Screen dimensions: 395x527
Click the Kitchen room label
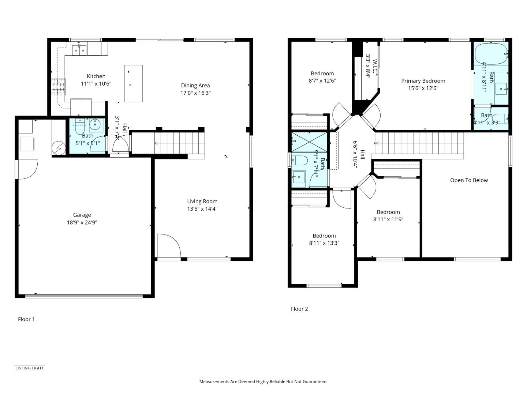pos(96,76)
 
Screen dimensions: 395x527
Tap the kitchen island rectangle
pos(133,83)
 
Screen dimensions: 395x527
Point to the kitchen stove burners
pos(58,87)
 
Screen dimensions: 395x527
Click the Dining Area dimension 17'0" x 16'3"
pos(195,93)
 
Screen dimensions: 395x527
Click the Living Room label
pos(202,201)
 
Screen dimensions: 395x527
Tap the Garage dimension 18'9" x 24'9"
pos(82,222)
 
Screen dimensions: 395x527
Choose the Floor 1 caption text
pos(26,319)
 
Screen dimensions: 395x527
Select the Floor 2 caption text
pos(299,309)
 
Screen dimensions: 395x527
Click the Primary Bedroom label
pos(423,81)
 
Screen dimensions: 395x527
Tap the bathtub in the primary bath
pos(491,54)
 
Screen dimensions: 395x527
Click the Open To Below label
pos(469,180)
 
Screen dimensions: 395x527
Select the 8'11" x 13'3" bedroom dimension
pos(324,243)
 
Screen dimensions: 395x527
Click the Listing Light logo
pos(29,368)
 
